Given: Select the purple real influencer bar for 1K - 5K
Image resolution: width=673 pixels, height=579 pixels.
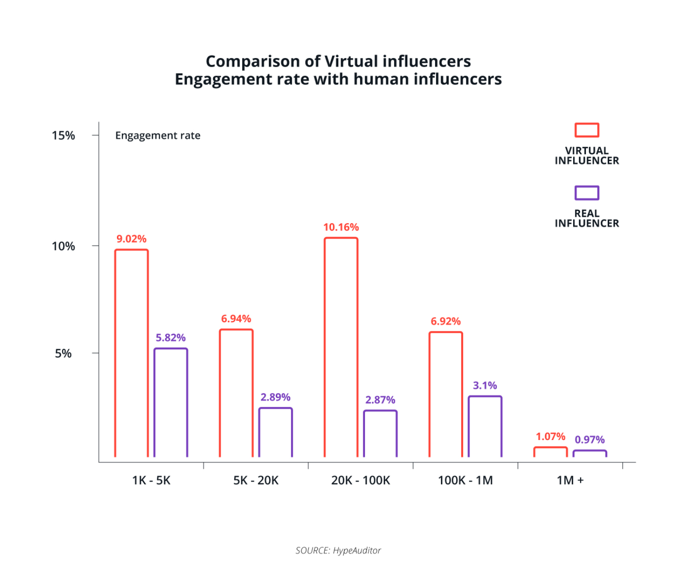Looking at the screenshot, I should coord(171,403).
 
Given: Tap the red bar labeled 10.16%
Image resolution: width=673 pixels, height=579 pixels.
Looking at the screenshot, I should coord(341,347).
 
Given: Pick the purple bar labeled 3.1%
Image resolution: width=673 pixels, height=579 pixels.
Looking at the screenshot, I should coord(485,427).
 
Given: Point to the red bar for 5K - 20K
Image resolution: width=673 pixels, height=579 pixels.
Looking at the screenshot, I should coord(236,393).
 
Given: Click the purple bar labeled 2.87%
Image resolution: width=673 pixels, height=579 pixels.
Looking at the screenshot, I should coord(380,434).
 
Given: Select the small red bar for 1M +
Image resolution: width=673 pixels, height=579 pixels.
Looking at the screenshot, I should coord(551,452).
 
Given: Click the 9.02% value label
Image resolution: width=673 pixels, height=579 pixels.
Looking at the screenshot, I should coord(131,239).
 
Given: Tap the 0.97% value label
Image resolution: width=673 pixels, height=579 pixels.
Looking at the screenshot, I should coord(590,440).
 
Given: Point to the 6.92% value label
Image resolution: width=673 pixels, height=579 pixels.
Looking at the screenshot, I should coord(446,321).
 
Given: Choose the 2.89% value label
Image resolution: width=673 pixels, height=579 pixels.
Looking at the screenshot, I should coord(275,397).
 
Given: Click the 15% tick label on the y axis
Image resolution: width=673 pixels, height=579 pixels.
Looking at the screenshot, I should coord(63,135).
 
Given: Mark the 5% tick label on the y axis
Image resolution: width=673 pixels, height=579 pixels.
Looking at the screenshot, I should coord(63,353).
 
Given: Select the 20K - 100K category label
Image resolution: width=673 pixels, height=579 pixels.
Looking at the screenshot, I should coord(360,481).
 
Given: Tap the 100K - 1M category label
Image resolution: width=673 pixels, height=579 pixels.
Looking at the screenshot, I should coord(465,481).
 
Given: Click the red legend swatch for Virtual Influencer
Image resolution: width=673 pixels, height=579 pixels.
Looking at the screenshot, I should coord(587,130).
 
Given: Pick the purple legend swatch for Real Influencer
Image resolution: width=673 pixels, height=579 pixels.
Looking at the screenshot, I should coord(587,193).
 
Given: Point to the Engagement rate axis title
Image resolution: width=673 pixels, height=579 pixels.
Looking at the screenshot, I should coord(158,135).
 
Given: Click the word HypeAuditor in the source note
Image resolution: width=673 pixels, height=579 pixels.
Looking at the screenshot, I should coord(357,550).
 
